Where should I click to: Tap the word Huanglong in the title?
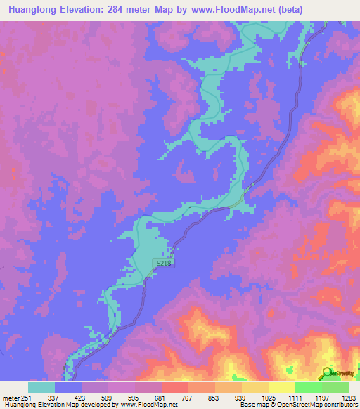pos(30,9)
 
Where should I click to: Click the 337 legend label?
pos(53,397)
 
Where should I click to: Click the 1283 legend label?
pos(347,397)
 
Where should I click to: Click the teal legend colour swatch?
pos(41,387)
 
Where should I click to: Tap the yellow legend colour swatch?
pos(282,387)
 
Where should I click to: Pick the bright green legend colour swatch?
pos(309,387)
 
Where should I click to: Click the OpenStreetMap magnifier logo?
pos(327,372)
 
